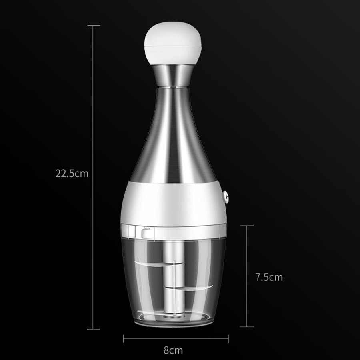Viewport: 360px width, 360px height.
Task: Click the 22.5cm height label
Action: point(72,174)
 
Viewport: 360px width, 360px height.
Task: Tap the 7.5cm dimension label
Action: point(269,277)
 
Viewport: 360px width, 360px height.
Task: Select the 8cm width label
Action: point(173,350)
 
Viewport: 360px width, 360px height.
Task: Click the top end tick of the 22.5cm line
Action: point(94,26)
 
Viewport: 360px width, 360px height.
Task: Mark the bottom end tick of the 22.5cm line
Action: point(94,329)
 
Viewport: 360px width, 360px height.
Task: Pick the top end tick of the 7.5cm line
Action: point(247,226)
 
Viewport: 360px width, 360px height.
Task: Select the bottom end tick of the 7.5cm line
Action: point(247,327)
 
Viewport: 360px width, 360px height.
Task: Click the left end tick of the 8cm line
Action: point(124,339)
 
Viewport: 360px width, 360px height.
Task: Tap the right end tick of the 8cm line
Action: point(228,339)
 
